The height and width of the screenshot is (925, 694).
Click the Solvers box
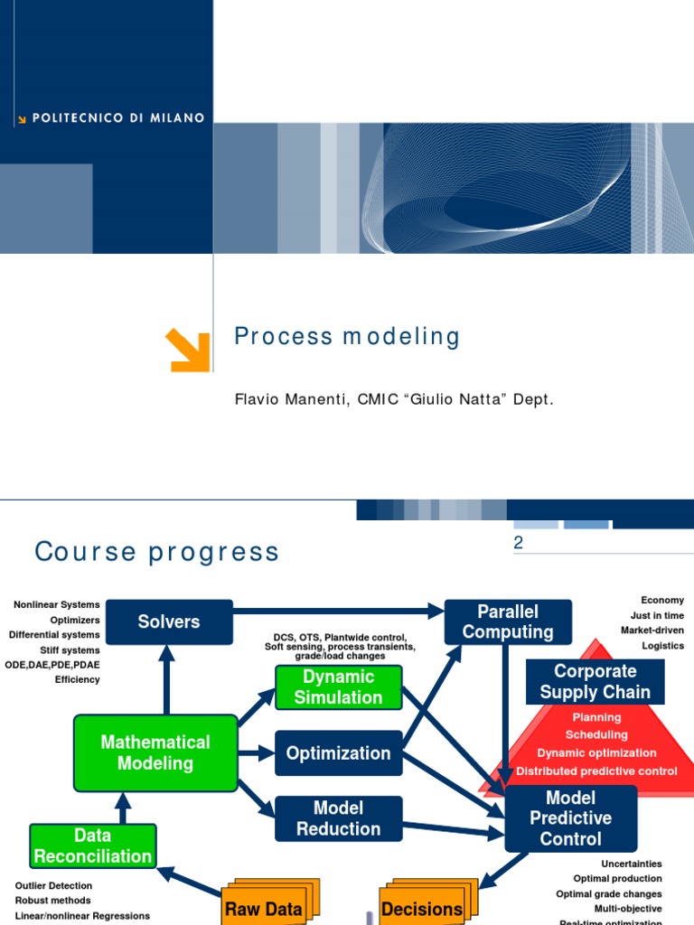(169, 621)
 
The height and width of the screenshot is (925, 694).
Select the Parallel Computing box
(508, 622)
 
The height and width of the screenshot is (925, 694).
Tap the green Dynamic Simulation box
(338, 687)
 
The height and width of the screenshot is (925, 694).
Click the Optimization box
(338, 753)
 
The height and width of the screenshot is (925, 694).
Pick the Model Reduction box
(338, 818)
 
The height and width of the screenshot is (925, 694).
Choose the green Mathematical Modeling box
(155, 752)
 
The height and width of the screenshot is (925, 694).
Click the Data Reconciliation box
(93, 846)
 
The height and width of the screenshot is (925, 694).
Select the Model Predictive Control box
(570, 818)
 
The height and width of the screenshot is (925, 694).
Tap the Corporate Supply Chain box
(595, 682)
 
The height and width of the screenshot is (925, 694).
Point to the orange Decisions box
(421, 909)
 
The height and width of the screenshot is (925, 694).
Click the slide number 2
(519, 543)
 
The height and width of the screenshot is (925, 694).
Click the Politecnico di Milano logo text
(117, 118)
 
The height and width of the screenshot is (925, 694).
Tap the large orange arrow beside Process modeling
(188, 350)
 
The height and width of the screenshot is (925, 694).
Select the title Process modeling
(347, 337)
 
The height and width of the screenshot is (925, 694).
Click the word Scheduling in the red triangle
(596, 734)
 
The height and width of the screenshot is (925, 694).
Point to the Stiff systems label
(70, 649)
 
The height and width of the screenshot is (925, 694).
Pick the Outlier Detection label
(54, 885)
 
